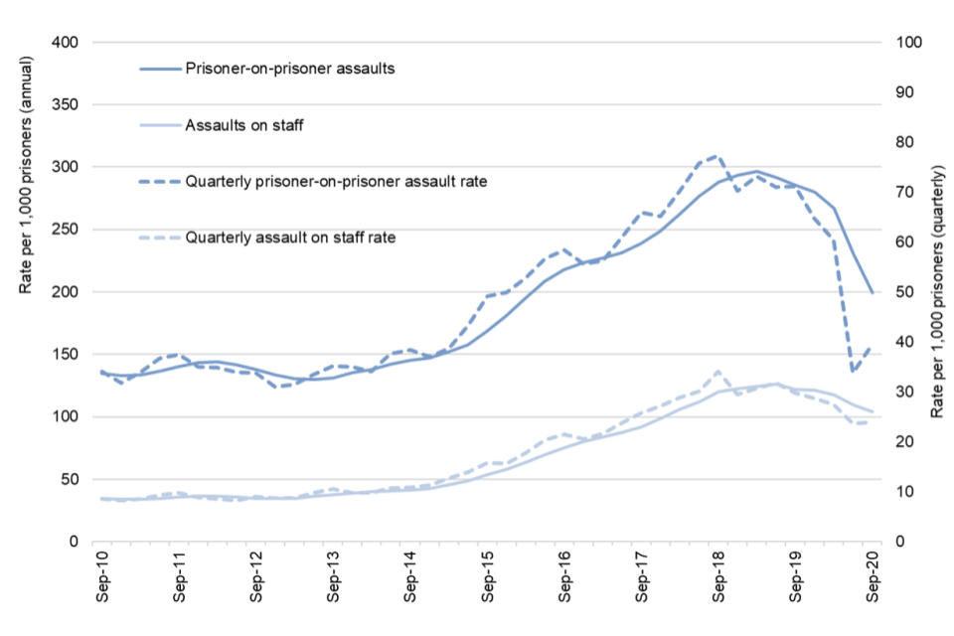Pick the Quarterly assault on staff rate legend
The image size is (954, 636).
click(x=290, y=238)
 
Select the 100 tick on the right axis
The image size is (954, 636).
click(x=910, y=43)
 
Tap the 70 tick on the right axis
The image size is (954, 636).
click(x=906, y=192)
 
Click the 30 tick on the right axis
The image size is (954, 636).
click(x=906, y=392)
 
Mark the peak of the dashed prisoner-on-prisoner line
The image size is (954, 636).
click(x=717, y=156)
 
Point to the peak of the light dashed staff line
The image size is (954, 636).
click(x=717, y=371)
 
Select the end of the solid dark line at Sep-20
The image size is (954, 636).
click(x=874, y=293)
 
